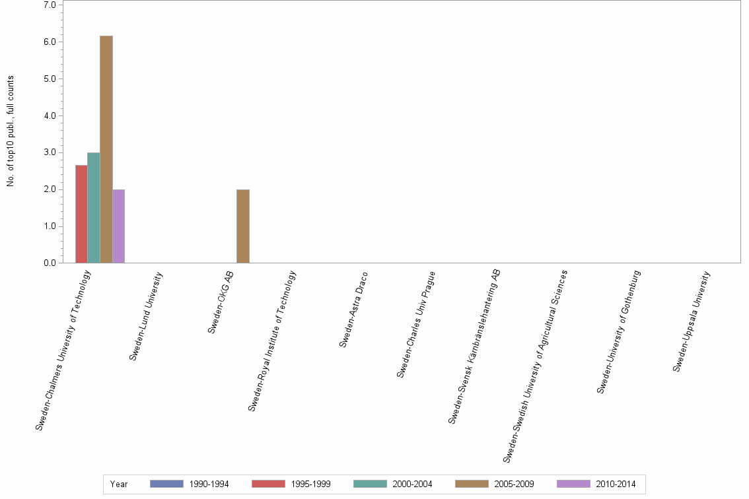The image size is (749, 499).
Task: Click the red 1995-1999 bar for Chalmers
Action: [x=81, y=214]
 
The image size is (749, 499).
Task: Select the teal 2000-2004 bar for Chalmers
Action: [x=94, y=208]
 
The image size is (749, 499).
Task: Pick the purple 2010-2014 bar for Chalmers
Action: [x=118, y=226]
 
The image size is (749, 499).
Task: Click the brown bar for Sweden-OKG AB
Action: [x=243, y=226]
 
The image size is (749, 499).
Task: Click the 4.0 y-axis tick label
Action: [x=50, y=116]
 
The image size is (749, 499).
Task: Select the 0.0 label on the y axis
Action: [x=50, y=263]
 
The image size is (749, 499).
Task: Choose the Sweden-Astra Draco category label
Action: [x=354, y=309]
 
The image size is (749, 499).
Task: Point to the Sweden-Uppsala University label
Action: [x=692, y=321]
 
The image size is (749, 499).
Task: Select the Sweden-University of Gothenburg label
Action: [x=620, y=332]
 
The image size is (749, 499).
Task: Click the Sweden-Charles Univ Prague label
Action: [x=416, y=324]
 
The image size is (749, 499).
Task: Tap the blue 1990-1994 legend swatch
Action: [x=166, y=484]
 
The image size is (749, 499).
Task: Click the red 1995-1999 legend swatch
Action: [x=268, y=484]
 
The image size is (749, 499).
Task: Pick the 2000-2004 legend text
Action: [x=412, y=484]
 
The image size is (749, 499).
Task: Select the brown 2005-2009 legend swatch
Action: [x=472, y=484]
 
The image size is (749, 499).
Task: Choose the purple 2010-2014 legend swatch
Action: [x=573, y=484]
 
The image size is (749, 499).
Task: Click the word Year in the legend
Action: [x=119, y=484]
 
